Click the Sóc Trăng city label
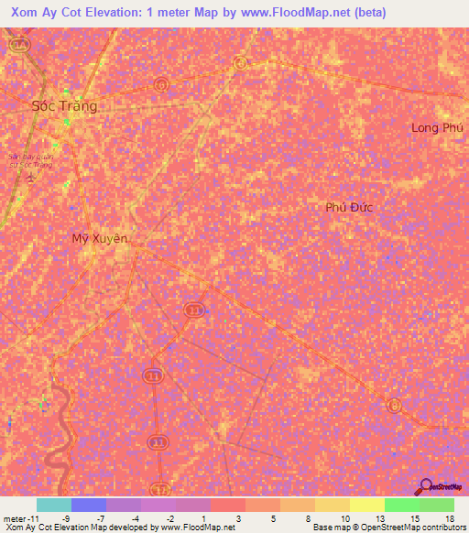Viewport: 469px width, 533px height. (x=63, y=105)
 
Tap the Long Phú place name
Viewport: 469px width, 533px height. (x=437, y=127)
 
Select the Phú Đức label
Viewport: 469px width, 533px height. (x=350, y=207)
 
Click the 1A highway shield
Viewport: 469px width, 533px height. (x=21, y=44)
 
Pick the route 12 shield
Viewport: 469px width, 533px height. (x=162, y=488)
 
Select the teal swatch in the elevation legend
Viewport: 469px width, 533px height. (x=54, y=505)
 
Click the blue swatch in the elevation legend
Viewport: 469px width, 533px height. (x=89, y=505)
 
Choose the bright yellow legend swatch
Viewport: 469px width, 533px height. (x=366, y=505)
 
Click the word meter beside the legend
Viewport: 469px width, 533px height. (x=14, y=517)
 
